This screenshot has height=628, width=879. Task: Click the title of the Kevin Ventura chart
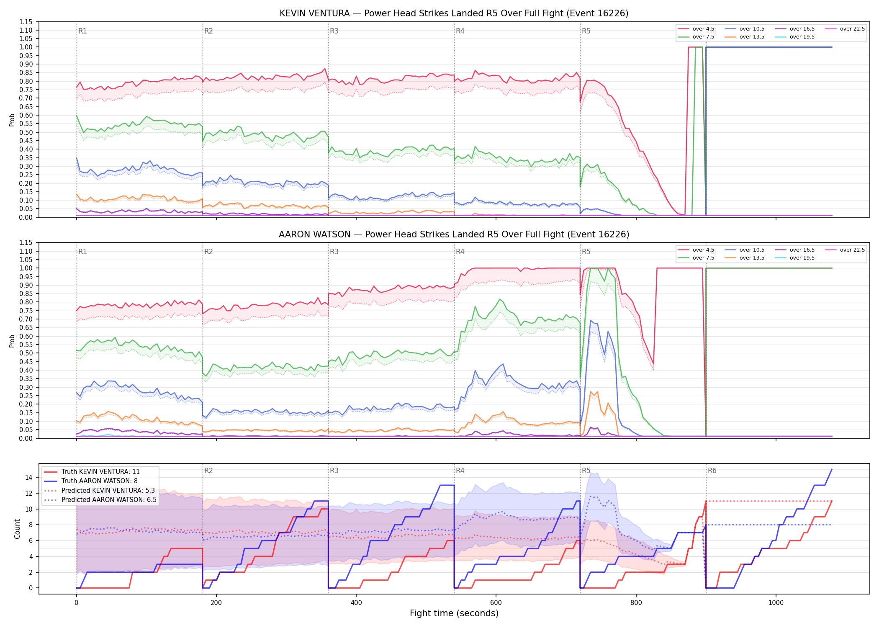pos(454,13)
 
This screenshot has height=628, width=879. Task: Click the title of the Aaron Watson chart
pos(454,234)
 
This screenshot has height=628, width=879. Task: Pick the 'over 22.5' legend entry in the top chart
pos(845,29)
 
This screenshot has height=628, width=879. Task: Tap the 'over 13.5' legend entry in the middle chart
pos(745,258)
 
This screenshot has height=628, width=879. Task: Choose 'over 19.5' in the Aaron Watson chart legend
pos(795,258)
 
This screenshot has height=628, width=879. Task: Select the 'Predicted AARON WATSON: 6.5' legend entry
pos(100,500)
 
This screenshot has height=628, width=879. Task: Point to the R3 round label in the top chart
pos(334,31)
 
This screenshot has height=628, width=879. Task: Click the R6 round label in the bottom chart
pos(712,471)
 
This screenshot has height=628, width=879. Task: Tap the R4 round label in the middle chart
pos(460,252)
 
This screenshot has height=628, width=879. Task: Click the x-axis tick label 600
pos(496,602)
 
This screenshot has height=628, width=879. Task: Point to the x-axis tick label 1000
pos(776,602)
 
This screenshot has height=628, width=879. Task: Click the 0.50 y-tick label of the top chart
pos(26,132)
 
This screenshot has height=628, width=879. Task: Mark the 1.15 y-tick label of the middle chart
pos(26,243)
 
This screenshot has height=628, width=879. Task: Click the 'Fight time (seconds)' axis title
pos(454,613)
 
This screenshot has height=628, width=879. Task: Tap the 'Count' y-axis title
pos(17,529)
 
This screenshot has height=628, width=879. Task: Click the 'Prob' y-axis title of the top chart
pos(12,120)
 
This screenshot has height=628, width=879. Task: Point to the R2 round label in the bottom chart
pos(208,471)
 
